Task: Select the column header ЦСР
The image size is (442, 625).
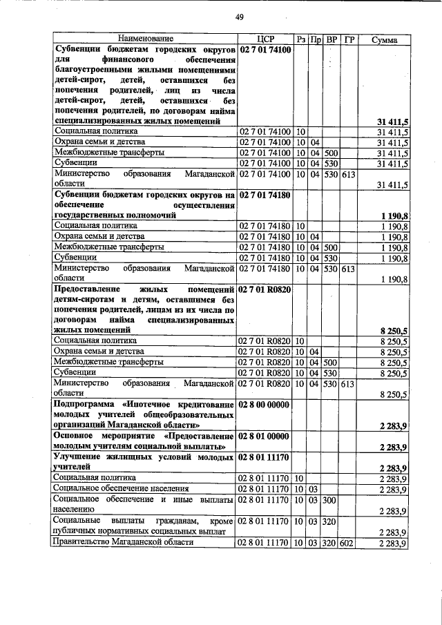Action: point(266,40)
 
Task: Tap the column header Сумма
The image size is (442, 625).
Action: point(383,40)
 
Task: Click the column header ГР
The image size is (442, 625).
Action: point(348,40)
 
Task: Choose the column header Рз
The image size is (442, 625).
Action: point(301,40)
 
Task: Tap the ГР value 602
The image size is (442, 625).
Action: point(347,543)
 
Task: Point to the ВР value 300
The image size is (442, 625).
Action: point(331,500)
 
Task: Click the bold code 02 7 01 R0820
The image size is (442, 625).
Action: point(266,290)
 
